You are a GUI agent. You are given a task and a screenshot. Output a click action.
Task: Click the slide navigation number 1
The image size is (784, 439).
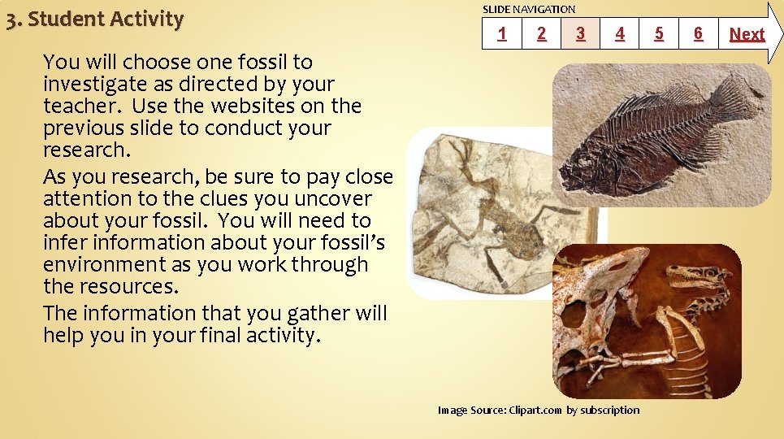pyautogui.click(x=502, y=33)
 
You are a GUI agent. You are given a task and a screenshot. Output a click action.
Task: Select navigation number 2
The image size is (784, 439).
pyautogui.click(x=541, y=33)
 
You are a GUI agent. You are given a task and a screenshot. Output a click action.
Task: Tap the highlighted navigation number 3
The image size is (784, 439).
pyautogui.click(x=580, y=33)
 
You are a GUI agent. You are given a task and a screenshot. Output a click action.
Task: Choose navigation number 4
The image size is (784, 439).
pyautogui.click(x=620, y=33)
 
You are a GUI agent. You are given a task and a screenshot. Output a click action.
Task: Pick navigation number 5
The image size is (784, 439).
pyautogui.click(x=659, y=33)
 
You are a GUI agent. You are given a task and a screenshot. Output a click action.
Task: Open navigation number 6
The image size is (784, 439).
pyautogui.click(x=698, y=33)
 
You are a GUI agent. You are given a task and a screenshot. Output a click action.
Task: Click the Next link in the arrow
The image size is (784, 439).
pyautogui.click(x=747, y=34)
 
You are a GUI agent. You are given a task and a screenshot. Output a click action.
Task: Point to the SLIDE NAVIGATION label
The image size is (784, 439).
pyautogui.click(x=529, y=9)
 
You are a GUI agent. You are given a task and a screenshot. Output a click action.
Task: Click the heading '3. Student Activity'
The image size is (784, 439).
pyautogui.click(x=94, y=20)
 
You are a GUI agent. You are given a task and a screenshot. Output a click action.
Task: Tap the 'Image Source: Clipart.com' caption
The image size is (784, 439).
pyautogui.click(x=539, y=410)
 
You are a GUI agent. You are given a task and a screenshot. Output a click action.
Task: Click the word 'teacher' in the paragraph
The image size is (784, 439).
pyautogui.click(x=81, y=106)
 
